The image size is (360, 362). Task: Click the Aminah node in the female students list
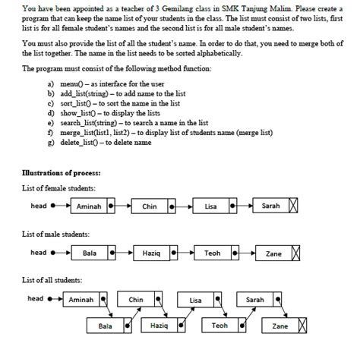(x=90, y=206)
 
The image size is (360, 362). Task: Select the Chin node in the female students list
(x=150, y=206)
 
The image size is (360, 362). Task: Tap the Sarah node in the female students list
(x=270, y=206)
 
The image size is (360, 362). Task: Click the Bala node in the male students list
(x=90, y=253)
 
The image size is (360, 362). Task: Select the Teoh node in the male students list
(x=213, y=253)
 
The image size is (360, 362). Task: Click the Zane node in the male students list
(x=273, y=253)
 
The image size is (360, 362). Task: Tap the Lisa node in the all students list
(x=196, y=301)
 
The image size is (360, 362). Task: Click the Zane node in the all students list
(x=280, y=326)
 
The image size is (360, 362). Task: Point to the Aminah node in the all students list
(x=81, y=301)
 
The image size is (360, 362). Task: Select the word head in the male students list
(x=38, y=252)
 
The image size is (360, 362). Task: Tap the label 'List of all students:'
(x=52, y=282)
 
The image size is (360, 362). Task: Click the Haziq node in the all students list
(x=159, y=326)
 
